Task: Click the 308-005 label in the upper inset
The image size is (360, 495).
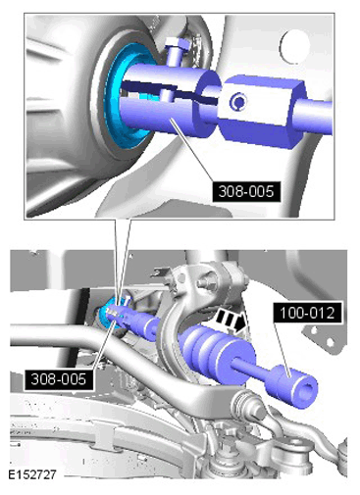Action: coord(246,191)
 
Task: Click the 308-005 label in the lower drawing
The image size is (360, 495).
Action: coord(59,379)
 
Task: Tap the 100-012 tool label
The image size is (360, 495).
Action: coord(308,313)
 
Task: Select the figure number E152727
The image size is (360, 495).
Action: coord(32,474)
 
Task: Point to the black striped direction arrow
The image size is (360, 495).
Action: coord(231,321)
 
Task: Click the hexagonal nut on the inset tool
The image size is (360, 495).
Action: coord(262,111)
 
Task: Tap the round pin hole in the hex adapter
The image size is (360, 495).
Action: coord(238,102)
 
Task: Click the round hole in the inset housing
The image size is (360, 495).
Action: coord(293,46)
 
